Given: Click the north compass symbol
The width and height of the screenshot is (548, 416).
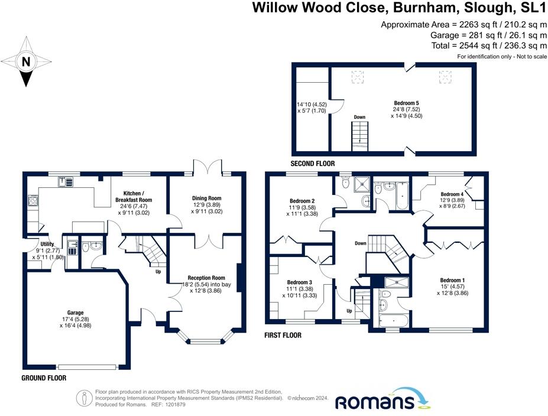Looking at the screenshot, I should click(x=25, y=62).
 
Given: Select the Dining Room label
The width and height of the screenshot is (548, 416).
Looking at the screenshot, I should click(x=206, y=198).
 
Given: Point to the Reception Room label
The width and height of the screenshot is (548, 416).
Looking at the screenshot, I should click(x=206, y=278).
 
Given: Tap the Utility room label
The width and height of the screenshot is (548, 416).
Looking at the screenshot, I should click(x=48, y=243).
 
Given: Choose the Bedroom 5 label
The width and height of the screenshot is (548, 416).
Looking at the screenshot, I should click(x=407, y=102).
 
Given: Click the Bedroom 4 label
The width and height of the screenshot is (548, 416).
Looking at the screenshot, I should click(x=452, y=194).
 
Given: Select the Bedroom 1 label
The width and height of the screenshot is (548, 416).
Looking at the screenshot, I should click(x=452, y=279).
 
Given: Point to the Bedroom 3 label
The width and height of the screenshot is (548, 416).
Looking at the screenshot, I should click(x=300, y=282).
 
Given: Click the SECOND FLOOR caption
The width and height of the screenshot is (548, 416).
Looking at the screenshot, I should click(x=312, y=164).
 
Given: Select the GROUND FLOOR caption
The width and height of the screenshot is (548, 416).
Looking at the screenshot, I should click(x=43, y=378).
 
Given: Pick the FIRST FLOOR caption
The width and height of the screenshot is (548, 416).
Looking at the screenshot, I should click(x=283, y=335).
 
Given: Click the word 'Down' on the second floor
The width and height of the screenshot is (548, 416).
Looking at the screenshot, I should click(x=359, y=117).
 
